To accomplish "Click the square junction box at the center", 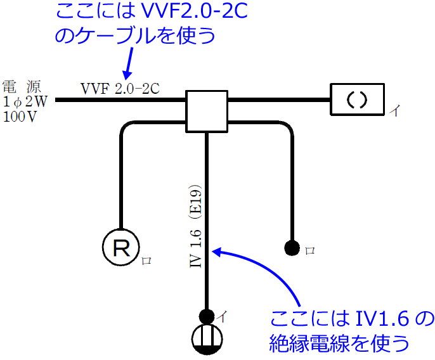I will pos(205,111).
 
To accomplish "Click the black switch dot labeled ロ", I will pos(292,248).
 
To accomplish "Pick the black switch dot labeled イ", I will pos(207,315).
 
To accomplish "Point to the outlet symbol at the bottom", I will pos(207,339).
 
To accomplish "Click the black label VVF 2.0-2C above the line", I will pos(119,89).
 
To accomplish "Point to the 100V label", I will pos(20,116).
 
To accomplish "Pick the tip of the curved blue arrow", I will pos(214,252).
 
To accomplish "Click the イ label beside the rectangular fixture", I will pos(394,111).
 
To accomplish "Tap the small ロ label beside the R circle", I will pos(146,260).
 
